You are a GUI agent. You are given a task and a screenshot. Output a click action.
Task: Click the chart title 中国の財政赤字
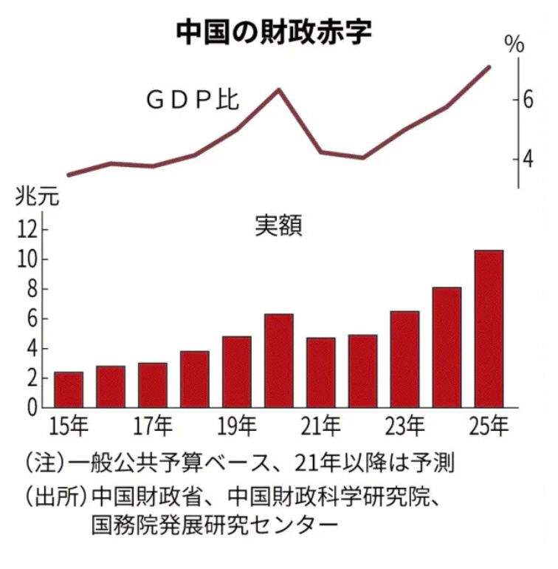tap(273, 32)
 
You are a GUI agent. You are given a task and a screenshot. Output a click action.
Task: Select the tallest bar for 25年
tap(489, 329)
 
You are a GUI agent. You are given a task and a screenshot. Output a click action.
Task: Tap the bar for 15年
tap(69, 389)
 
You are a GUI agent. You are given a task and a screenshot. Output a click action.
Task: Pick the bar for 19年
tap(237, 372)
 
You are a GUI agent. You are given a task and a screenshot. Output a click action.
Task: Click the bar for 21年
tap(321, 372)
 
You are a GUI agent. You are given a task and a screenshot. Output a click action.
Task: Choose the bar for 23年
tap(404, 359)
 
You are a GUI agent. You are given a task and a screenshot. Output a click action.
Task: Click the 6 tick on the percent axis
tap(528, 98)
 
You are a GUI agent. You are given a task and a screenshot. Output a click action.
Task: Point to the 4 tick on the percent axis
tap(528, 159)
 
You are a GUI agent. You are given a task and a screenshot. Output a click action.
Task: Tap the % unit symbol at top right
tap(514, 44)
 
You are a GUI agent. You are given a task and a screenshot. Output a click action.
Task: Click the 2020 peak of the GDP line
tap(279, 89)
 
